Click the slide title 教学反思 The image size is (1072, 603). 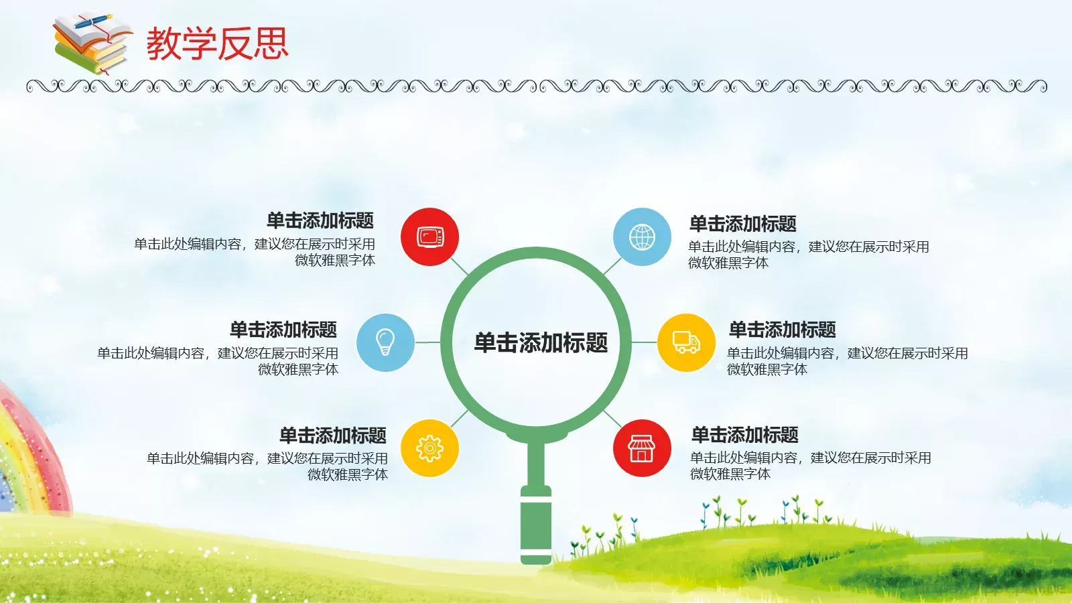click(217, 44)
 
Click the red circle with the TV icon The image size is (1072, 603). click(429, 237)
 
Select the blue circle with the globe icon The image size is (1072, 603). click(642, 237)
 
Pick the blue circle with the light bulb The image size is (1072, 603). click(385, 342)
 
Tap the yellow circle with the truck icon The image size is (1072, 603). click(686, 342)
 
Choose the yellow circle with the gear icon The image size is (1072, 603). click(429, 448)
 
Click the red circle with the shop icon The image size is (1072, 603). click(642, 448)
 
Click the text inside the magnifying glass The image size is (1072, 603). click(541, 342)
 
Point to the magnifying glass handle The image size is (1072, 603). click(536, 523)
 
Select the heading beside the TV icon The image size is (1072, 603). click(320, 220)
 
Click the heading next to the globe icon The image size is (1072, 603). click(743, 223)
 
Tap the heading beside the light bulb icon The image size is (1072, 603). click(283, 330)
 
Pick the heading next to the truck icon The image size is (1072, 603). click(783, 330)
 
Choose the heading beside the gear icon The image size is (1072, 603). click(333, 435)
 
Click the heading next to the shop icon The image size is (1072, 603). click(745, 435)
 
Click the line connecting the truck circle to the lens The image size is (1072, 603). click(644, 342)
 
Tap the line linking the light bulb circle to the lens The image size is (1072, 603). click(427, 342)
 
